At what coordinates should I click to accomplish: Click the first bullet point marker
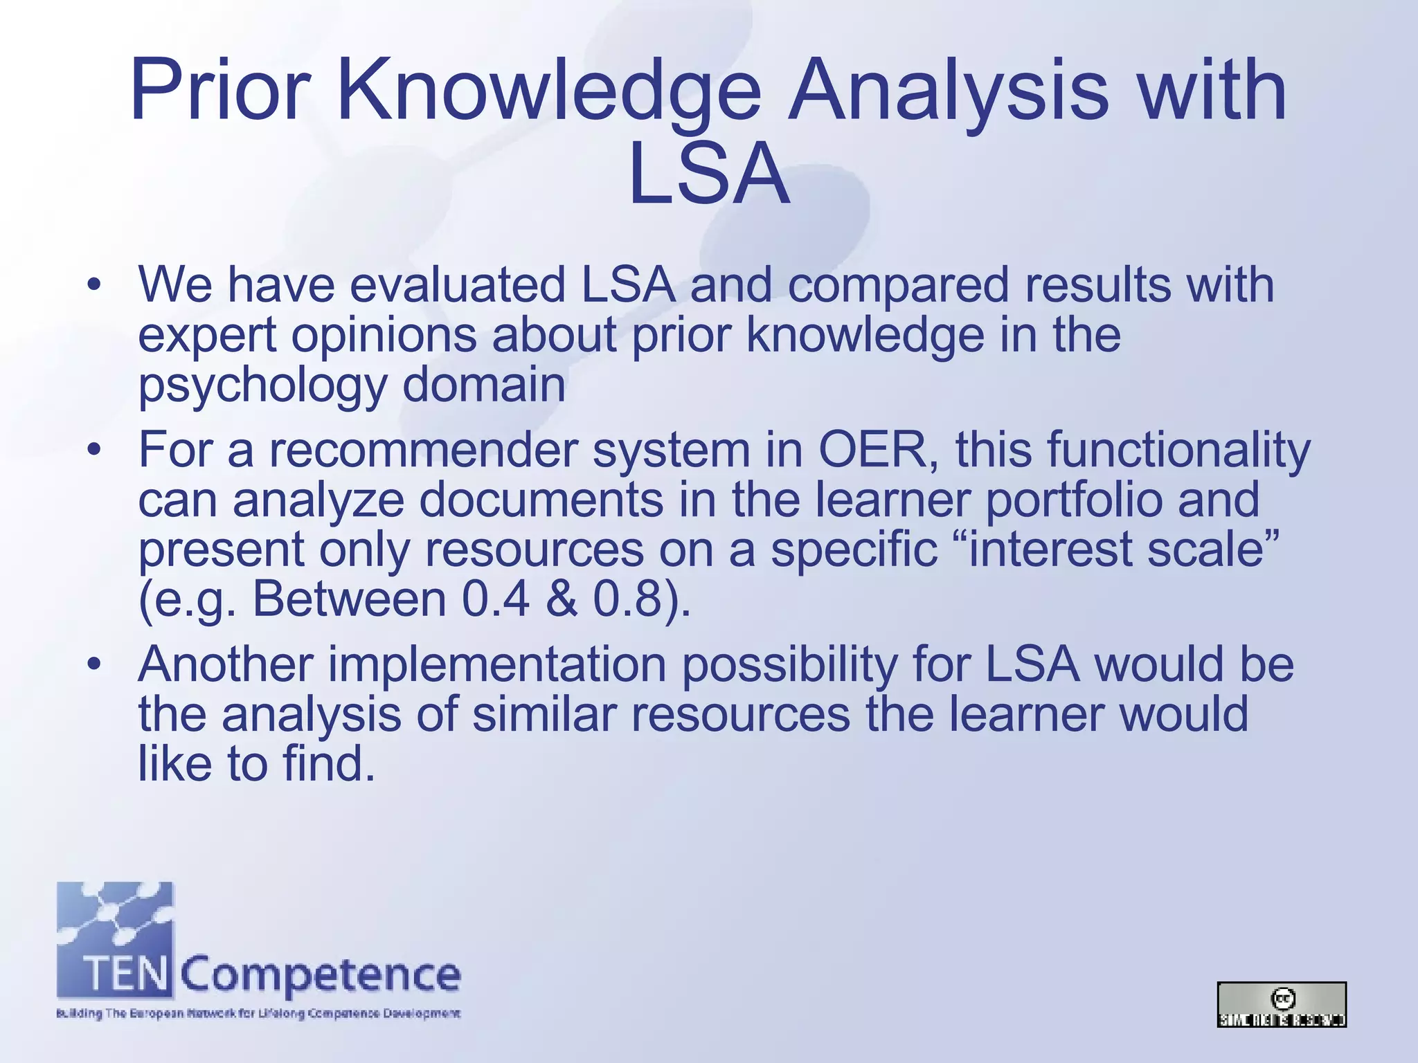point(94,285)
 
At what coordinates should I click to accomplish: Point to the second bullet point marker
point(94,451)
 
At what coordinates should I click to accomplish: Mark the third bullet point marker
point(94,665)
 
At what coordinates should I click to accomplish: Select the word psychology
point(262,386)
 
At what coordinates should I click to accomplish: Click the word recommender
point(422,451)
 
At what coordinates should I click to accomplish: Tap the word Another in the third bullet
point(226,665)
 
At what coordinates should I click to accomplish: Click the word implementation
point(496,665)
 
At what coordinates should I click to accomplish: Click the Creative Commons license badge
point(1281,1004)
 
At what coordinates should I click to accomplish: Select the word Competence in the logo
point(321,975)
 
